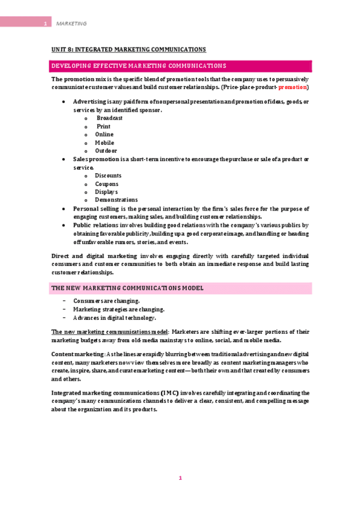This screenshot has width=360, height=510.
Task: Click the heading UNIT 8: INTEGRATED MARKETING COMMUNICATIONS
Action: click(129, 49)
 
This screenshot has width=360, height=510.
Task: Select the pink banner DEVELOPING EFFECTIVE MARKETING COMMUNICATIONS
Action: click(139, 66)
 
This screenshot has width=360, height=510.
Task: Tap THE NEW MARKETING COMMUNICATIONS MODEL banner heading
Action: click(127, 288)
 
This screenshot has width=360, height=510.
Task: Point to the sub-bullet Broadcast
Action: click(109, 118)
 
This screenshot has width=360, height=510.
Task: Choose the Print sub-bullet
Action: click(103, 126)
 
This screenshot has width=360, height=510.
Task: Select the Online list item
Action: click(104, 135)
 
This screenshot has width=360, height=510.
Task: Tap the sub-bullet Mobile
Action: click(105, 143)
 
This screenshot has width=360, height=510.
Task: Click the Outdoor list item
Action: click(106, 151)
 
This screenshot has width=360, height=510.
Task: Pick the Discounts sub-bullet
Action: click(108, 176)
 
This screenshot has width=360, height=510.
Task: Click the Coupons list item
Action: click(106, 184)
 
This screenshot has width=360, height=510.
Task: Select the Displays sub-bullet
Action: click(106, 192)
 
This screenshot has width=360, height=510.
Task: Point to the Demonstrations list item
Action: click(116, 200)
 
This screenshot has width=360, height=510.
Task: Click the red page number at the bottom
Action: click(180, 478)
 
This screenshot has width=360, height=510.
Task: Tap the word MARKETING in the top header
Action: click(72, 23)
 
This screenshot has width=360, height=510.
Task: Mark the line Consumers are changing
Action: click(106, 301)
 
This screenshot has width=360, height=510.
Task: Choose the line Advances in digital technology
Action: click(114, 318)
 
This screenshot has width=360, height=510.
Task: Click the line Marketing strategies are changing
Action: click(118, 309)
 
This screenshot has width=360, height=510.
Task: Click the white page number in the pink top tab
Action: click(45, 23)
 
